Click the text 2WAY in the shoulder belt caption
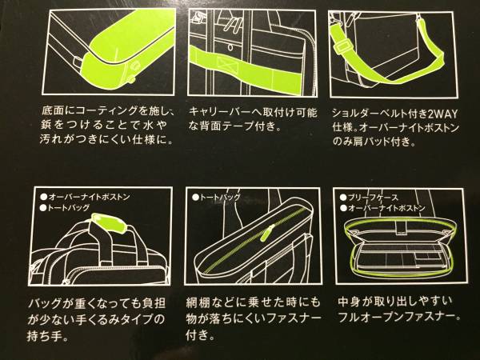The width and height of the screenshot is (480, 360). [442, 114]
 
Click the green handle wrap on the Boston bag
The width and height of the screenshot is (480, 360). [108, 222]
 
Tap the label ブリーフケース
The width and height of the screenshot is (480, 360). [374, 198]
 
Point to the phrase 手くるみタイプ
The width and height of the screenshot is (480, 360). [110, 320]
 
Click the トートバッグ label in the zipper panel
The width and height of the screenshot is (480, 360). [220, 198]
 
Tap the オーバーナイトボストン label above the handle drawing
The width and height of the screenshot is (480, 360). [89, 197]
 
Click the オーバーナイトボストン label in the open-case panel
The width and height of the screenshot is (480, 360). [387, 208]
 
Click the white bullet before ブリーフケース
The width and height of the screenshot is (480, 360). [343, 198]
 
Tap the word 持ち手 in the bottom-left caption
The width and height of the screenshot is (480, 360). [42, 337]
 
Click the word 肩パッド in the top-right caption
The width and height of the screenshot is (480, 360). [370, 142]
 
